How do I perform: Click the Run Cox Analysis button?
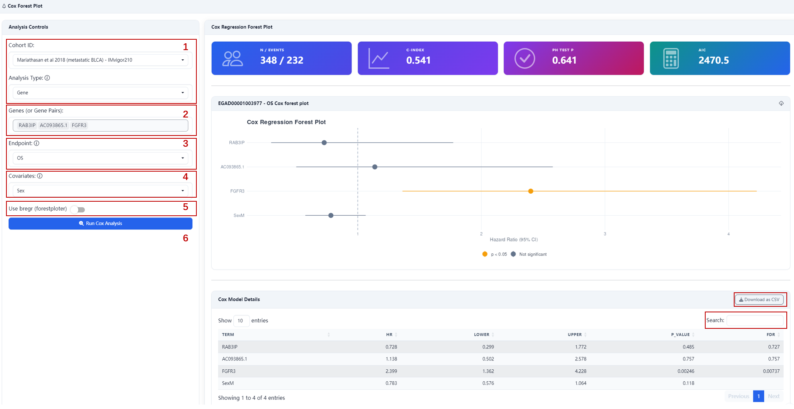click(100, 223)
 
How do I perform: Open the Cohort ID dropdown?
click(100, 60)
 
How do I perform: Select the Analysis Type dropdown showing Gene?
click(100, 93)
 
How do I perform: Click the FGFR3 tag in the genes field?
click(79, 126)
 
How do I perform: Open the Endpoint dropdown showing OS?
click(100, 158)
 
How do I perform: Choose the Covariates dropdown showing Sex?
click(100, 191)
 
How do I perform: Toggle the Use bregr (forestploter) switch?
click(78, 209)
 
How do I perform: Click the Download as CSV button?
click(759, 300)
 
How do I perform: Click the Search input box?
click(755, 320)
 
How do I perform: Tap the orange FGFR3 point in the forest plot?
click(531, 191)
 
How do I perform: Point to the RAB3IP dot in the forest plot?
click(324, 143)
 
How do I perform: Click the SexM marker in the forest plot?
click(331, 216)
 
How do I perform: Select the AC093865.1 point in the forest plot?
click(375, 167)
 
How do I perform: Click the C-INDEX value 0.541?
click(418, 61)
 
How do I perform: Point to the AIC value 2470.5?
click(714, 61)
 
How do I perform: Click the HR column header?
click(389, 335)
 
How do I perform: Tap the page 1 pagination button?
click(758, 396)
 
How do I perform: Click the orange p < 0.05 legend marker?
click(485, 254)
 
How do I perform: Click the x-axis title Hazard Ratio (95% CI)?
click(514, 240)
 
